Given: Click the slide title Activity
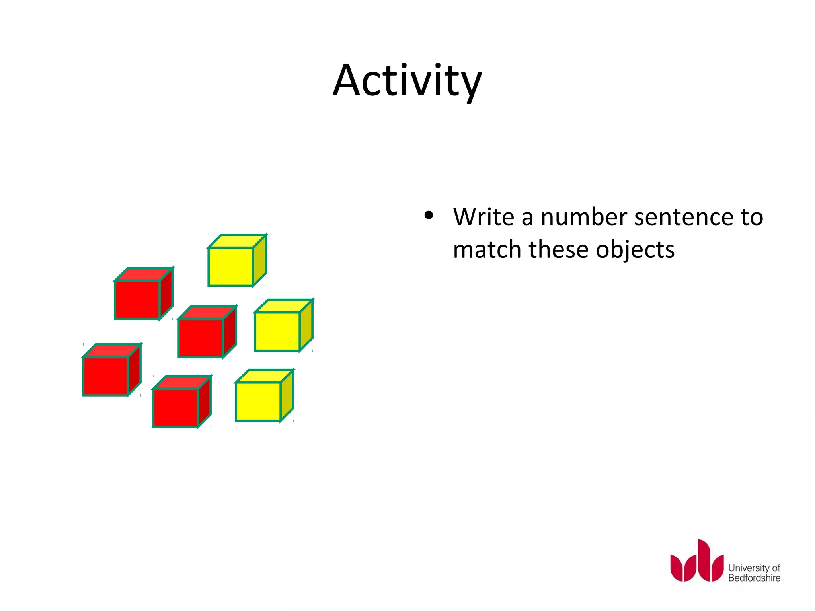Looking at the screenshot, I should click(x=407, y=82).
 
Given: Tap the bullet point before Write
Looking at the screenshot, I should click(x=429, y=216).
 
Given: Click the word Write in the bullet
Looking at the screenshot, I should click(x=484, y=217).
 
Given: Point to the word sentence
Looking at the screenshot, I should click(x=683, y=217).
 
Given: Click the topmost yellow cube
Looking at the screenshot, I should click(x=231, y=267).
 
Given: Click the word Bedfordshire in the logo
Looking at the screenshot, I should click(x=754, y=578).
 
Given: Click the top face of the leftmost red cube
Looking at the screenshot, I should click(x=112, y=350).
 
